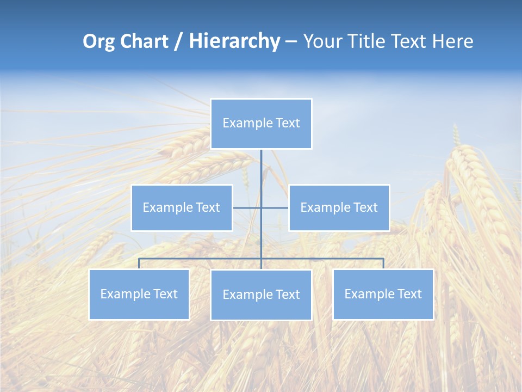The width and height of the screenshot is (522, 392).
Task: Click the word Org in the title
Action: (100, 41)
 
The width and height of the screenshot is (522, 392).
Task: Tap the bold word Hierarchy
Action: (234, 41)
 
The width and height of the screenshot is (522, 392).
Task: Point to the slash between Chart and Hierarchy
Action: (178, 41)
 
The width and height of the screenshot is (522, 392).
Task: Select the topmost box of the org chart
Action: (261, 124)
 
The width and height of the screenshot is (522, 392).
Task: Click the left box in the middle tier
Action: (182, 207)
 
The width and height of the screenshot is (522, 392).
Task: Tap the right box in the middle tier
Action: (339, 207)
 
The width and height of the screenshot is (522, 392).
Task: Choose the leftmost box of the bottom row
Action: (139, 294)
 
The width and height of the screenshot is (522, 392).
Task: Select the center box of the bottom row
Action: (261, 295)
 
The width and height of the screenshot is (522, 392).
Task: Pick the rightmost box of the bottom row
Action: (383, 294)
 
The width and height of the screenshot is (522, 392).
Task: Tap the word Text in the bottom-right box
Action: (409, 294)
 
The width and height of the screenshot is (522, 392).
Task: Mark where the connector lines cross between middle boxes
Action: (261, 207)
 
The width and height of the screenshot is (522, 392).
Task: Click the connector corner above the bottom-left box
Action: (139, 259)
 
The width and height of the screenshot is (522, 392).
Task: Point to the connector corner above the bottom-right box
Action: (383, 259)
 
